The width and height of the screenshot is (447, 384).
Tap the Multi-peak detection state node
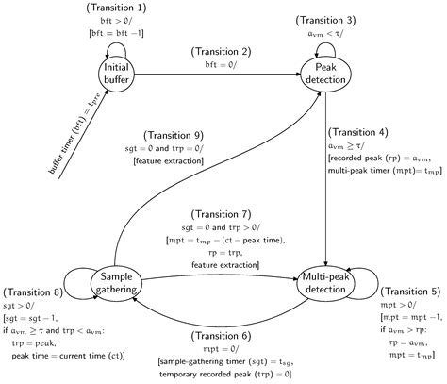[x=325, y=280]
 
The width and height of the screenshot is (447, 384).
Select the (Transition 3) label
[x=325, y=20]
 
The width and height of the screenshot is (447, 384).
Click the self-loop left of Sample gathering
[x=75, y=280]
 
